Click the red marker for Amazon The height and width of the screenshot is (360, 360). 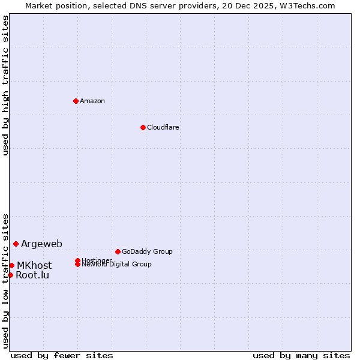click(x=76, y=101)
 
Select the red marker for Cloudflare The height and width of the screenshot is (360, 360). click(x=143, y=127)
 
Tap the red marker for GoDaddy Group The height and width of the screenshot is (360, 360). click(x=118, y=251)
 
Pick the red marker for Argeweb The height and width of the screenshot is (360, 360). click(x=16, y=244)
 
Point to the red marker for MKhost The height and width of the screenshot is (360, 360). click(x=12, y=265)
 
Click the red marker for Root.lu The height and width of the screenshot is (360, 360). click(x=10, y=275)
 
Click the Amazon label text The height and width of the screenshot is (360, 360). click(x=92, y=101)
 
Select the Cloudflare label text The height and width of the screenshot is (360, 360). click(x=163, y=127)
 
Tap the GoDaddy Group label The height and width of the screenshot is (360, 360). click(x=147, y=251)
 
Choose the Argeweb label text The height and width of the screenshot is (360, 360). click(x=41, y=244)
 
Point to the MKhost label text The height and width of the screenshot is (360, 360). click(x=34, y=265)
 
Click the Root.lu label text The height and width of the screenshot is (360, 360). click(x=32, y=275)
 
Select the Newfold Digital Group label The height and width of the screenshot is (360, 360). click(x=116, y=265)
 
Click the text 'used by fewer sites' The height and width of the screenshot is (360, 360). click(x=62, y=355)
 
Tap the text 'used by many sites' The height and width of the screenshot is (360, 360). click(x=301, y=355)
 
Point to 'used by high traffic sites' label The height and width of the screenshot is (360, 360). click(x=5, y=86)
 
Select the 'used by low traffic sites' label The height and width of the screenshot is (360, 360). click(x=5, y=280)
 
